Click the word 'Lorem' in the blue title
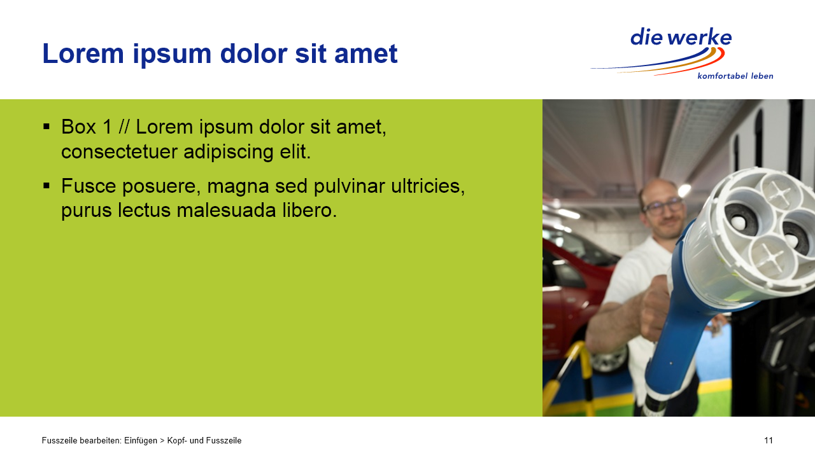tap(83, 54)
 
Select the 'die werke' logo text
tap(681, 37)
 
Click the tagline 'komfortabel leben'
tap(735, 76)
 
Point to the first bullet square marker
tap(46, 127)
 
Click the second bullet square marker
tap(46, 186)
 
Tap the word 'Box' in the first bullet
tap(78, 127)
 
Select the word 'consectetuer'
tap(119, 151)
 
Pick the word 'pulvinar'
tap(350, 186)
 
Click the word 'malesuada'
tap(226, 211)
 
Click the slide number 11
tap(769, 441)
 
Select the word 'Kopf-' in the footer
tap(177, 441)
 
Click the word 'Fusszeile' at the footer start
tap(59, 441)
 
